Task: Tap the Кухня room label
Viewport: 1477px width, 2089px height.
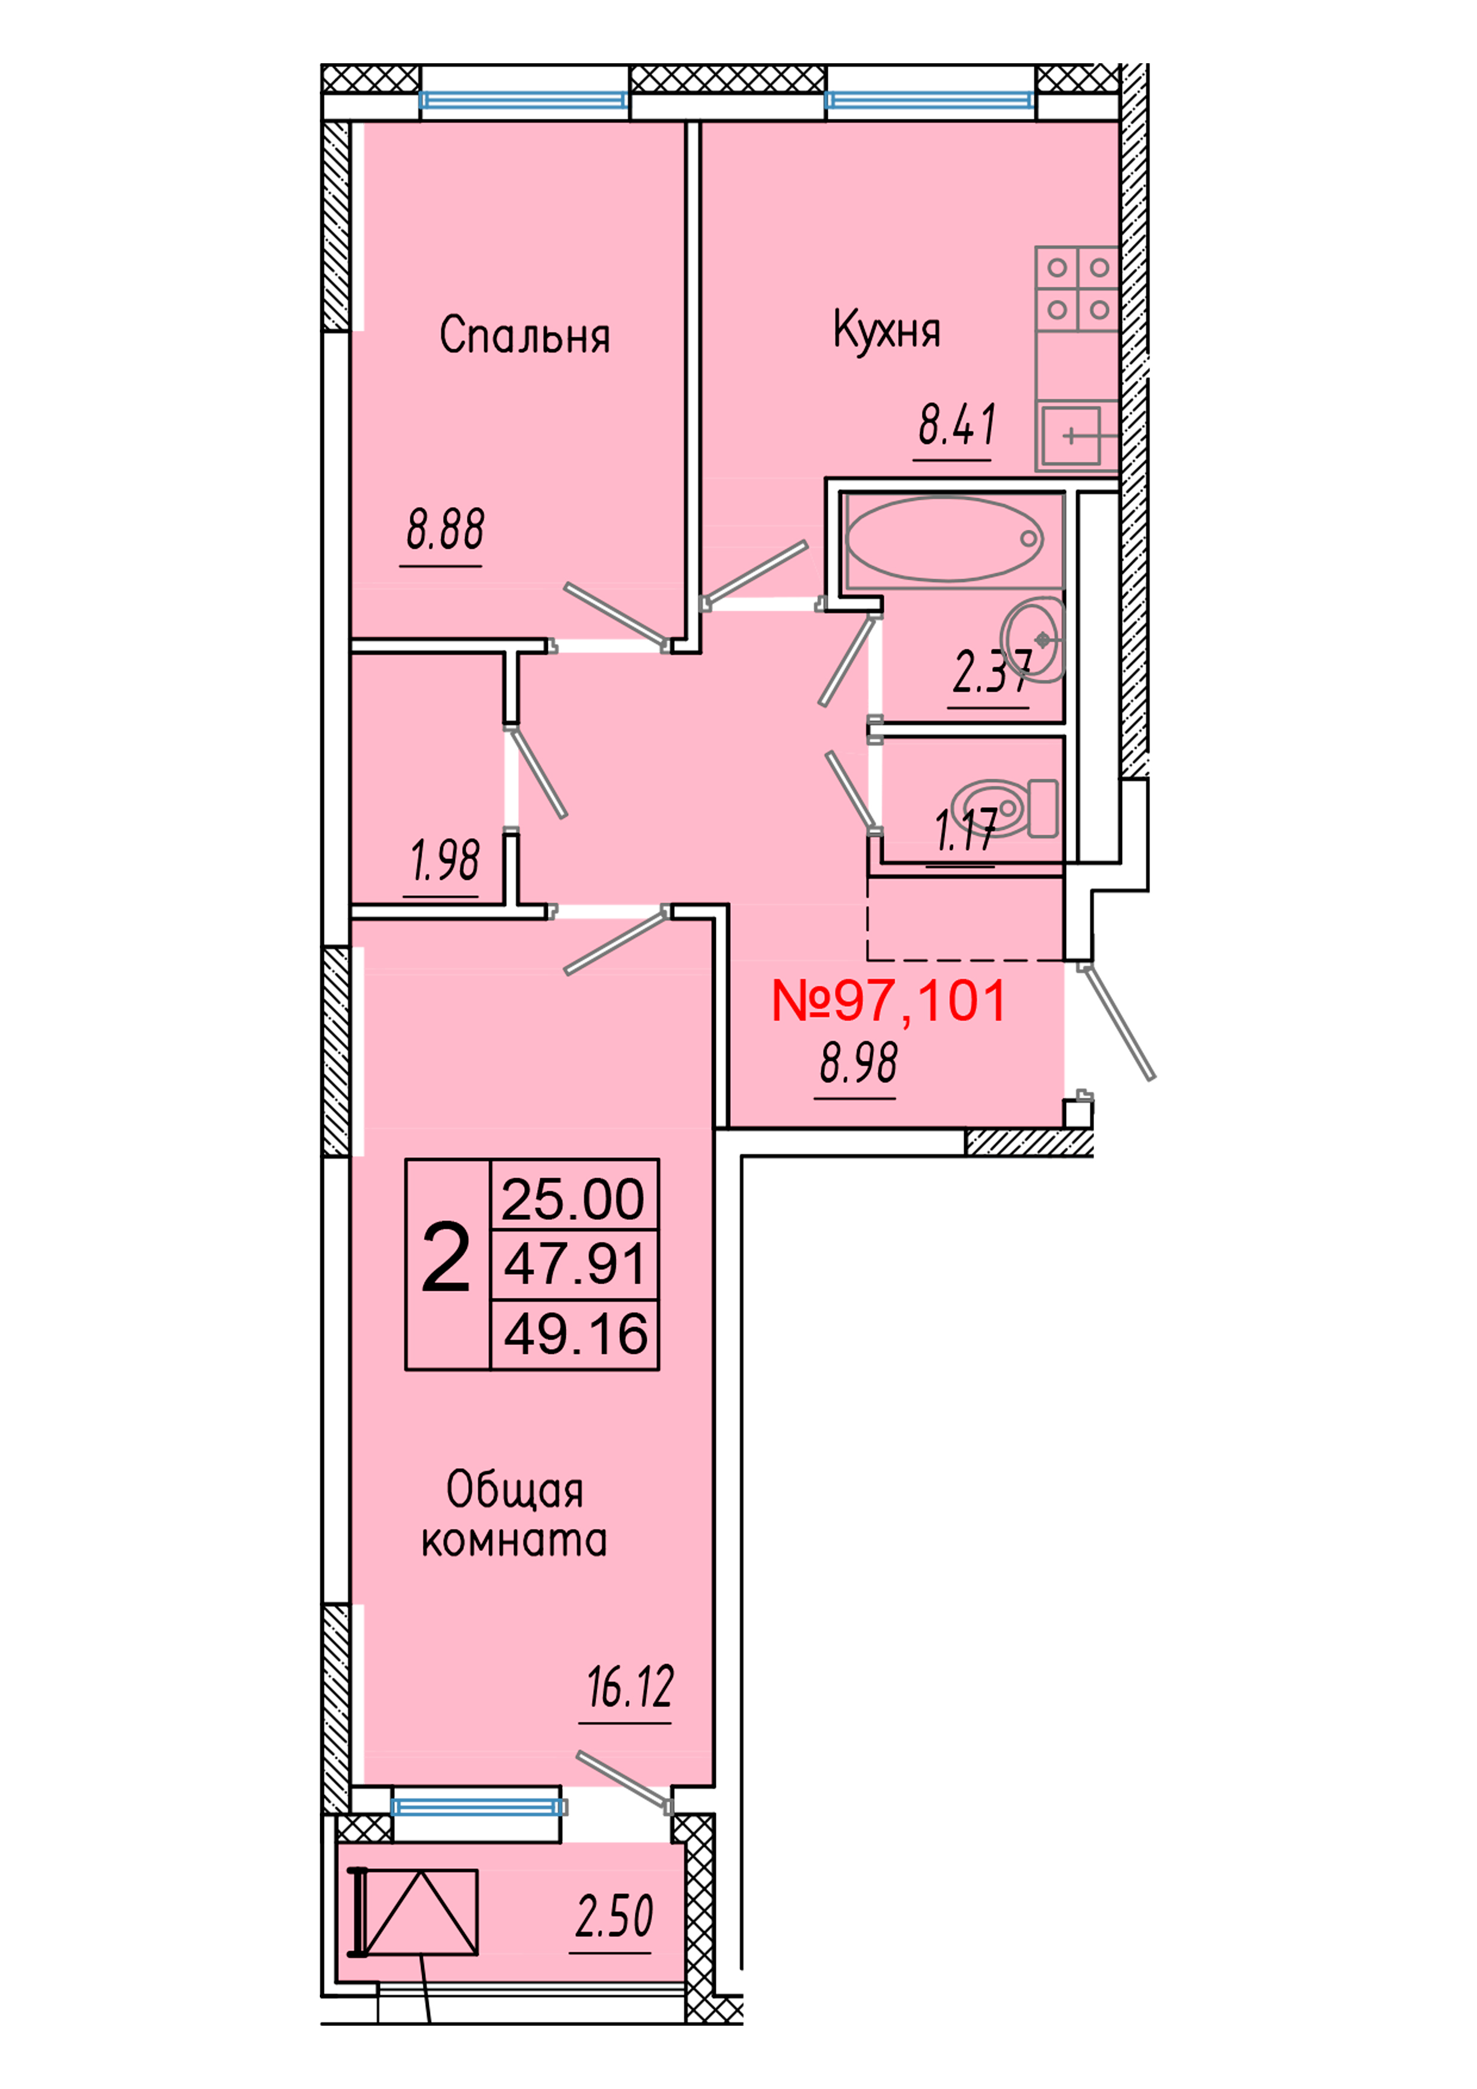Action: (886, 331)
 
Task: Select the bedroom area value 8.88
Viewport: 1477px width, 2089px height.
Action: (445, 531)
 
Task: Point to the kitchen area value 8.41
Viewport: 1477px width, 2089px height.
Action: (956, 425)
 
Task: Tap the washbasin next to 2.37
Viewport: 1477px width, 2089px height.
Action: (1034, 640)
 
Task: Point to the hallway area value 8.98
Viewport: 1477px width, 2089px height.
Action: (858, 1063)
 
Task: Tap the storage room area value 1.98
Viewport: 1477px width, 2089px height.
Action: (445, 860)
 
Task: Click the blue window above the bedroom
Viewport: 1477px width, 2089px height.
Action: (524, 100)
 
